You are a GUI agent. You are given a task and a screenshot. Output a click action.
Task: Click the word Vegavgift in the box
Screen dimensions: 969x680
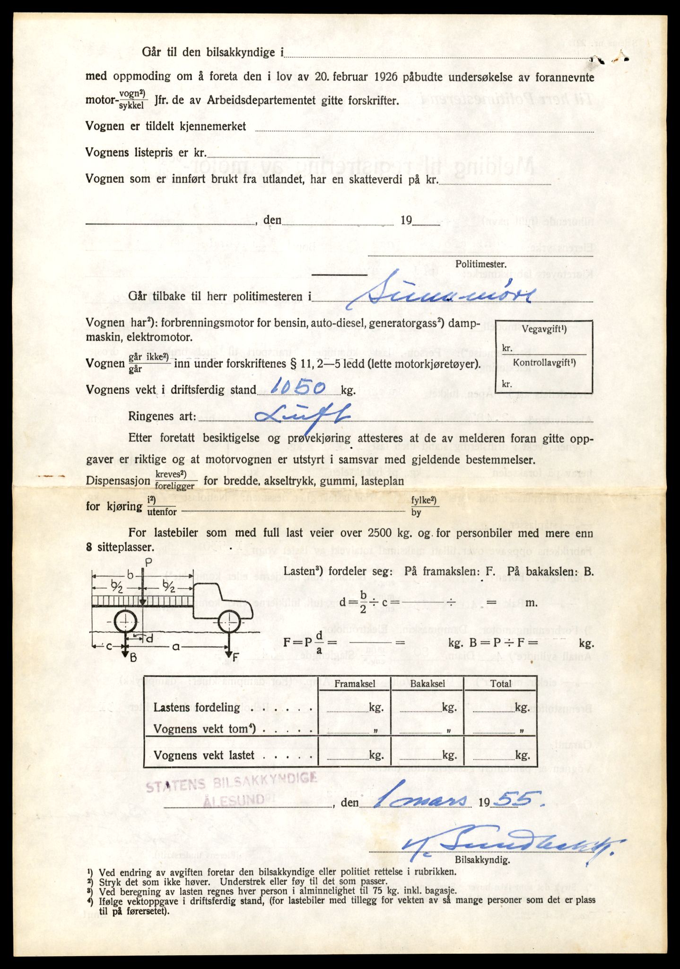[x=544, y=331]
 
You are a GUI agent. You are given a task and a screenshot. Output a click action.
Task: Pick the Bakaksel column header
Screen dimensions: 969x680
[x=427, y=684]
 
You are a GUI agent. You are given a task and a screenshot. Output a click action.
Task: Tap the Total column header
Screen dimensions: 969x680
[x=501, y=684]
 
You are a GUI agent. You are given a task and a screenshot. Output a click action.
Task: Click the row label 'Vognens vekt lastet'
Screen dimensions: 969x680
[x=204, y=756]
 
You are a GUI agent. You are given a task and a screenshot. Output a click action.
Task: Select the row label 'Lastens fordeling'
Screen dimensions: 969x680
[x=197, y=707]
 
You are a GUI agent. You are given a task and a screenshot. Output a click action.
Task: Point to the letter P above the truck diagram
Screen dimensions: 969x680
[x=148, y=563]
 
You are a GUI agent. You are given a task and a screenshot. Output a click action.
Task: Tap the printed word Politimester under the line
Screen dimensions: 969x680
[x=480, y=264]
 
